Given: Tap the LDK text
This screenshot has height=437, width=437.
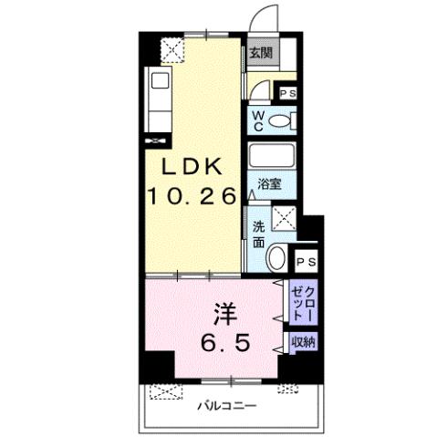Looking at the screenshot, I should click(x=193, y=167).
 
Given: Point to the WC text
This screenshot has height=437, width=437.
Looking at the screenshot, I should click(x=258, y=120).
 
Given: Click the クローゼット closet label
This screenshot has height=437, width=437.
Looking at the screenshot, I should click(x=303, y=301).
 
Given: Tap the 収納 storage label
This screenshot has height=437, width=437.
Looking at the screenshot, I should click(x=303, y=342).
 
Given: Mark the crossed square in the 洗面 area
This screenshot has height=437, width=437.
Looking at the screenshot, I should click(x=285, y=219).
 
